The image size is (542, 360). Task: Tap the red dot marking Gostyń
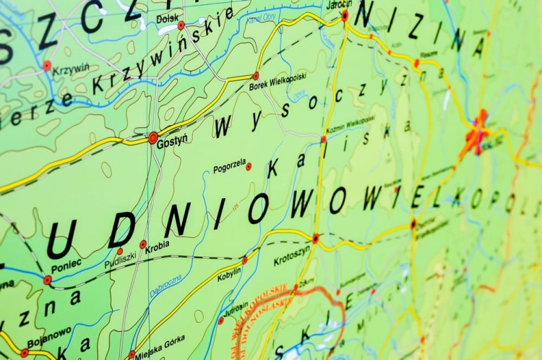click(153, 137)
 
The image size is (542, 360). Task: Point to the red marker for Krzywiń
click(47, 66)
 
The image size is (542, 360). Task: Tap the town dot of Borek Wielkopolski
click(255, 76)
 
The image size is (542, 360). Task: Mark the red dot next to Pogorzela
click(249, 166)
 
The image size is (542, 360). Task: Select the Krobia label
click(157, 245)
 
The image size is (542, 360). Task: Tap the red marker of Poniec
click(48, 280)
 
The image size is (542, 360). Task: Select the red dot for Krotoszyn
click(316, 238)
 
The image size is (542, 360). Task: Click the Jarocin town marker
click(345, 15)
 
